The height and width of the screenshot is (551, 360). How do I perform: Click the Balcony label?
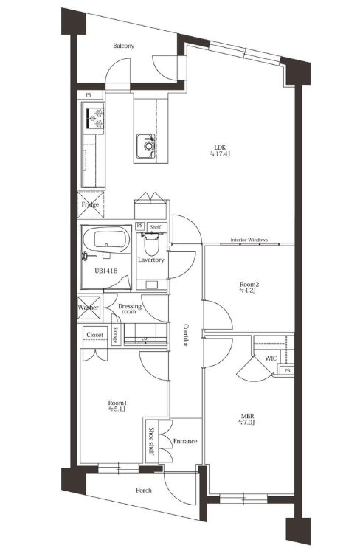pos(123,46)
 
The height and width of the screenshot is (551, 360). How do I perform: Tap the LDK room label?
pos(220,148)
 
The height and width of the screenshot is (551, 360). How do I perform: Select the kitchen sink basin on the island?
pos(146,145)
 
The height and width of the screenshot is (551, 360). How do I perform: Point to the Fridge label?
pos(90,204)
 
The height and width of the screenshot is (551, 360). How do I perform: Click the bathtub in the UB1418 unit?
pos(106,239)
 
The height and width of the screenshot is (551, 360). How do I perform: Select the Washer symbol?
pos(89,308)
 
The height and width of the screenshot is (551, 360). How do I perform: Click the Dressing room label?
pos(129,308)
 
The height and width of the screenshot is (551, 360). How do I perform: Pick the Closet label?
pos(95,335)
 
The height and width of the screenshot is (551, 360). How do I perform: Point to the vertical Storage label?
pos(115,335)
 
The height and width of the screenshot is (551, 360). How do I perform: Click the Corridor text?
pos(186,335)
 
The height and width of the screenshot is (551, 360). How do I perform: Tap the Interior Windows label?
pos(249,240)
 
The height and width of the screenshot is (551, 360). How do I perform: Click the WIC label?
pos(271,358)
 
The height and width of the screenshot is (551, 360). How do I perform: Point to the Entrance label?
pos(185,441)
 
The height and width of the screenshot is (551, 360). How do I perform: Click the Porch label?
pos(144,490)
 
